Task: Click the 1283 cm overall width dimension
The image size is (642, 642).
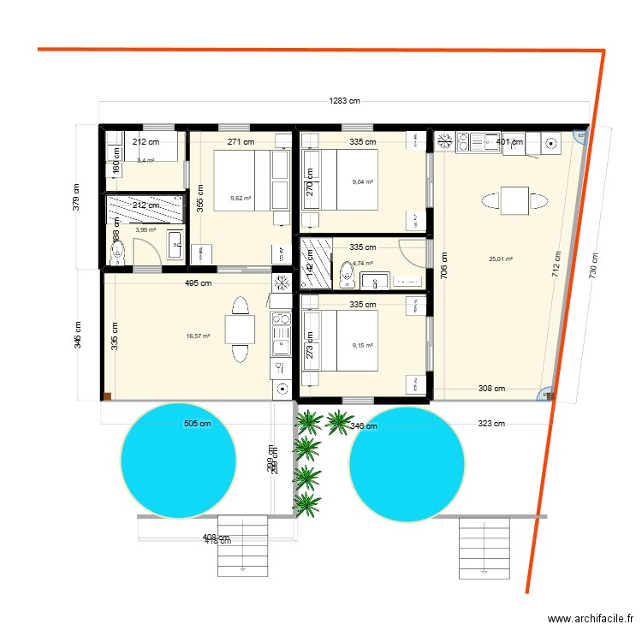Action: [345, 100]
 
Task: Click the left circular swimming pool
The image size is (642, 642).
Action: [179, 461]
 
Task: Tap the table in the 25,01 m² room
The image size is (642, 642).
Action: [514, 202]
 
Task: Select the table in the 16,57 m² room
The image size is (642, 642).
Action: [239, 330]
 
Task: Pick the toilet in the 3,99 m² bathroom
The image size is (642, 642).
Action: [118, 252]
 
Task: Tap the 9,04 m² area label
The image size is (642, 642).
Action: [363, 182]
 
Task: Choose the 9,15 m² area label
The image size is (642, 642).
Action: [363, 346]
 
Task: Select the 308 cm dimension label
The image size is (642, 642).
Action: [490, 389]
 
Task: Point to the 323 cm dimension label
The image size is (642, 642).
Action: [490, 423]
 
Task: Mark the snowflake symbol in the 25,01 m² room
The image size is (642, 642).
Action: [445, 141]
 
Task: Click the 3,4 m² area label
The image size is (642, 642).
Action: [146, 160]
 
